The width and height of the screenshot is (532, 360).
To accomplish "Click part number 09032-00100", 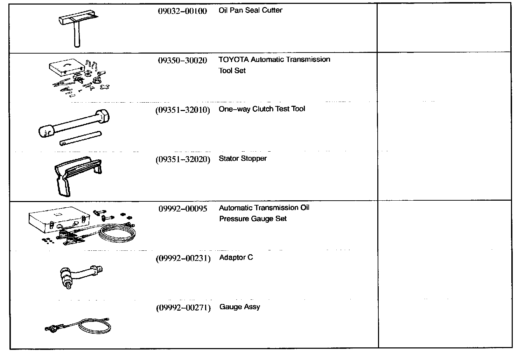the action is pyautogui.click(x=182, y=11).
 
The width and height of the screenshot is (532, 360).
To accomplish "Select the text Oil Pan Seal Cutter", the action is pyautogui.click(x=250, y=10).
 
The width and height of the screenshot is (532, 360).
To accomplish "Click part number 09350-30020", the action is pyautogui.click(x=182, y=60).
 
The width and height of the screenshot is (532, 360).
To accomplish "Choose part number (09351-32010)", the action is pyautogui.click(x=182, y=110).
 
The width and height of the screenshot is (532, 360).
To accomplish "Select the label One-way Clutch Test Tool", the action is pyautogui.click(x=261, y=109).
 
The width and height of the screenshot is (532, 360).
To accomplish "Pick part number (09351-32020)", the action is pyautogui.click(x=183, y=159).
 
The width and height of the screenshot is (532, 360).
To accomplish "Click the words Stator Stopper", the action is pyautogui.click(x=243, y=158).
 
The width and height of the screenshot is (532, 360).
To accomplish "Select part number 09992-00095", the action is pyautogui.click(x=183, y=209).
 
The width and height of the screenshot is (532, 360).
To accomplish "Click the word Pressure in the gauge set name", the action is pyautogui.click(x=234, y=219).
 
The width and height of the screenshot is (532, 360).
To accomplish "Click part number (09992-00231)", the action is pyautogui.click(x=183, y=258).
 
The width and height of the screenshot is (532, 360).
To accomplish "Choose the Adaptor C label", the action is pyautogui.click(x=236, y=257).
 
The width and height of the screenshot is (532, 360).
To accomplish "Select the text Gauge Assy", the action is pyautogui.click(x=239, y=307).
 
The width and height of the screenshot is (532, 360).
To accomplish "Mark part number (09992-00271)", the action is pyautogui.click(x=183, y=308).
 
